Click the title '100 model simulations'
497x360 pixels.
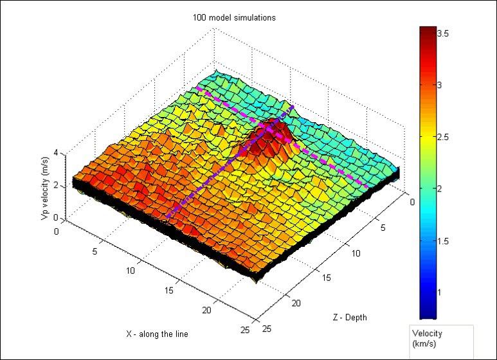pyautogui.click(x=234, y=17)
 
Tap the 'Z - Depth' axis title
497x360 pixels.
pyautogui.click(x=350, y=317)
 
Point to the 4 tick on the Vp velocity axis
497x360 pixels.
pyautogui.click(x=57, y=153)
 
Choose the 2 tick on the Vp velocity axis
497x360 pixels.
pyautogui.click(x=57, y=186)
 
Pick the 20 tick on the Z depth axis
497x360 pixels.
pyautogui.click(x=296, y=303)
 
